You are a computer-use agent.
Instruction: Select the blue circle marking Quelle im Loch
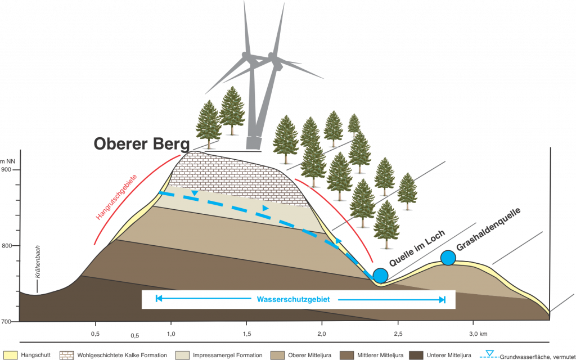[381, 275]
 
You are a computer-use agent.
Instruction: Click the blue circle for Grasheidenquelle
[448, 258]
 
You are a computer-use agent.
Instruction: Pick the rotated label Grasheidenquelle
[488, 231]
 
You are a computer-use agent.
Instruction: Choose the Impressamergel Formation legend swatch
[181, 355]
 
